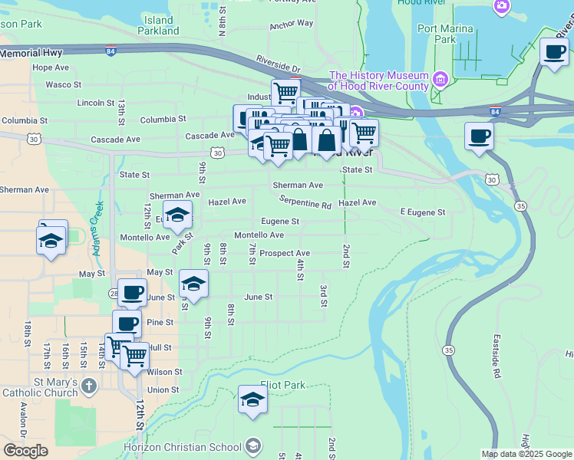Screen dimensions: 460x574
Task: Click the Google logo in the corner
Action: click(25, 451)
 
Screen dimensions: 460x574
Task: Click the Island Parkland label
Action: click(158, 25)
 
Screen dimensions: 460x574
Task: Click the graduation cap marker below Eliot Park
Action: click(252, 400)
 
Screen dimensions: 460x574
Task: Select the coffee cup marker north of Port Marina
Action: click(554, 52)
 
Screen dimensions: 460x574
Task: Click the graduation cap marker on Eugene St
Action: click(177, 215)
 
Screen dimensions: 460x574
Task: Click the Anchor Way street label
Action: click(291, 25)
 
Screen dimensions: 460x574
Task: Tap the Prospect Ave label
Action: click(285, 253)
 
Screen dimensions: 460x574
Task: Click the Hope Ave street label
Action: click(51, 67)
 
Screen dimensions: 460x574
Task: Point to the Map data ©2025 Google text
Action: click(526, 454)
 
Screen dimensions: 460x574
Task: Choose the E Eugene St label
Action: click(423, 212)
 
